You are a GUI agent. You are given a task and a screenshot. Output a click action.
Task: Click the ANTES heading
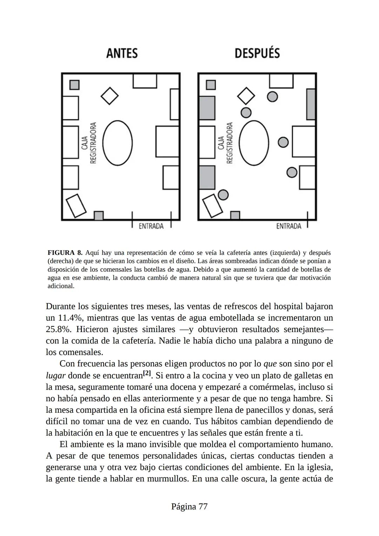[x=122, y=53]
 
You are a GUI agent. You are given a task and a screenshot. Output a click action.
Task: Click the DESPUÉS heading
[x=257, y=53]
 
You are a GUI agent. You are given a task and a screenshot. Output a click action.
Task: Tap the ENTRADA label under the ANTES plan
[x=151, y=226]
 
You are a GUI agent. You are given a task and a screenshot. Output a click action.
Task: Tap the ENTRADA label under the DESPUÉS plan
[x=288, y=226]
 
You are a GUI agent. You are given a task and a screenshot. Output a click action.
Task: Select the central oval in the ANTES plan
[x=118, y=143]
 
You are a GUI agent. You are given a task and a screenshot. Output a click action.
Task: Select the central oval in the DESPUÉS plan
[x=254, y=143]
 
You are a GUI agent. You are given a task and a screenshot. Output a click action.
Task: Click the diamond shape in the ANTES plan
[x=109, y=95]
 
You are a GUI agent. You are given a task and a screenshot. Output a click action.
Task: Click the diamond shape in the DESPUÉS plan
[x=246, y=95]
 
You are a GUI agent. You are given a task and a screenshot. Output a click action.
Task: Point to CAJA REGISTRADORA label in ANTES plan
[x=89, y=143]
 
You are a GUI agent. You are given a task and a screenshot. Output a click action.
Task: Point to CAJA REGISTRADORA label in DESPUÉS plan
[x=226, y=143]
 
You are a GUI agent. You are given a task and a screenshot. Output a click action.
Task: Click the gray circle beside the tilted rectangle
[x=223, y=195]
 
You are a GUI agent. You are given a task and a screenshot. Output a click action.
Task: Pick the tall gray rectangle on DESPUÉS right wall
[x=311, y=104]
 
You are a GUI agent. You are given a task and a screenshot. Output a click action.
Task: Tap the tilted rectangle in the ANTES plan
[x=76, y=206]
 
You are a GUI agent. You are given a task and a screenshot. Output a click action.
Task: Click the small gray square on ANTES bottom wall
[x=99, y=216]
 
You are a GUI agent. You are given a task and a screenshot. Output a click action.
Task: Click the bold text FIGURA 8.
[x=65, y=253]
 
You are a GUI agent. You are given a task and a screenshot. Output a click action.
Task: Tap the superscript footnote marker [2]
[x=147, y=373]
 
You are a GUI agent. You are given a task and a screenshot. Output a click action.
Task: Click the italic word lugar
[x=55, y=376]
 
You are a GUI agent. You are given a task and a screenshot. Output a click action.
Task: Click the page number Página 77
[x=189, y=507]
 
